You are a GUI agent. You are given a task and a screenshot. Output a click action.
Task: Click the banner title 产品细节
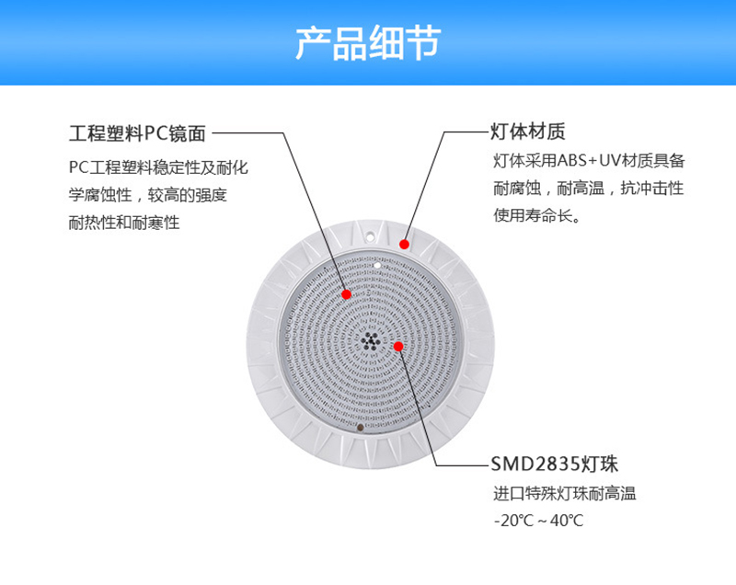pos(368,43)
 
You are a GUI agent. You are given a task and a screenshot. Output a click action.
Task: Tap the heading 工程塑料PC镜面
pos(137,133)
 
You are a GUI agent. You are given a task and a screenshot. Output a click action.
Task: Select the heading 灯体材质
pos(527,132)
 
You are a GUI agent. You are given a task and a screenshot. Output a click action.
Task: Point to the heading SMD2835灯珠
pos(555,464)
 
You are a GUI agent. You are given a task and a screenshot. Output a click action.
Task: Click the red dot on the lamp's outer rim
pos(404,244)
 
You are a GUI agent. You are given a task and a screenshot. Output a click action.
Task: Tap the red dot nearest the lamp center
pos(398,346)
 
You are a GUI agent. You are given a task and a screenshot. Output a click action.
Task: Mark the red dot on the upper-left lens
pos(347,294)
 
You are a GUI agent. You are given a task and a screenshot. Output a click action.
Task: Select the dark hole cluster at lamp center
pos(371,341)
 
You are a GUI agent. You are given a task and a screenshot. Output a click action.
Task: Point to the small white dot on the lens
pos(377,266)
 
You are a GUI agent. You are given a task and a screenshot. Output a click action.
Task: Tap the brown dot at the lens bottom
pos(360,428)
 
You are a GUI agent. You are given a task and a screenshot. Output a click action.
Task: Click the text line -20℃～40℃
pos(538,521)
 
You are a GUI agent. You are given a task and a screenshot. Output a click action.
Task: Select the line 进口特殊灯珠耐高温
pos(565,494)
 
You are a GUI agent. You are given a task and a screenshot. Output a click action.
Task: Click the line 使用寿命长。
pos(537,215)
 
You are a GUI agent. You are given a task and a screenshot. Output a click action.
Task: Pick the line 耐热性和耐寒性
pos(124,223)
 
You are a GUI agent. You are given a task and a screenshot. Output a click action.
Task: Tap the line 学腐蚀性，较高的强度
pos(148,195)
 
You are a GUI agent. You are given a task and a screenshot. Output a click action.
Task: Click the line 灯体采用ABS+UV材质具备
pos(589,161)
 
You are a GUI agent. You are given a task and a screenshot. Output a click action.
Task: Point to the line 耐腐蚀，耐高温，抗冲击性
pos(588,189)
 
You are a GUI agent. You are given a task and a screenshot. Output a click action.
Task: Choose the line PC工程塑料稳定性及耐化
pos(158,167)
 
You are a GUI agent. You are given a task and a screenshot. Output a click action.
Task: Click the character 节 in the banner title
pos(423,43)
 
